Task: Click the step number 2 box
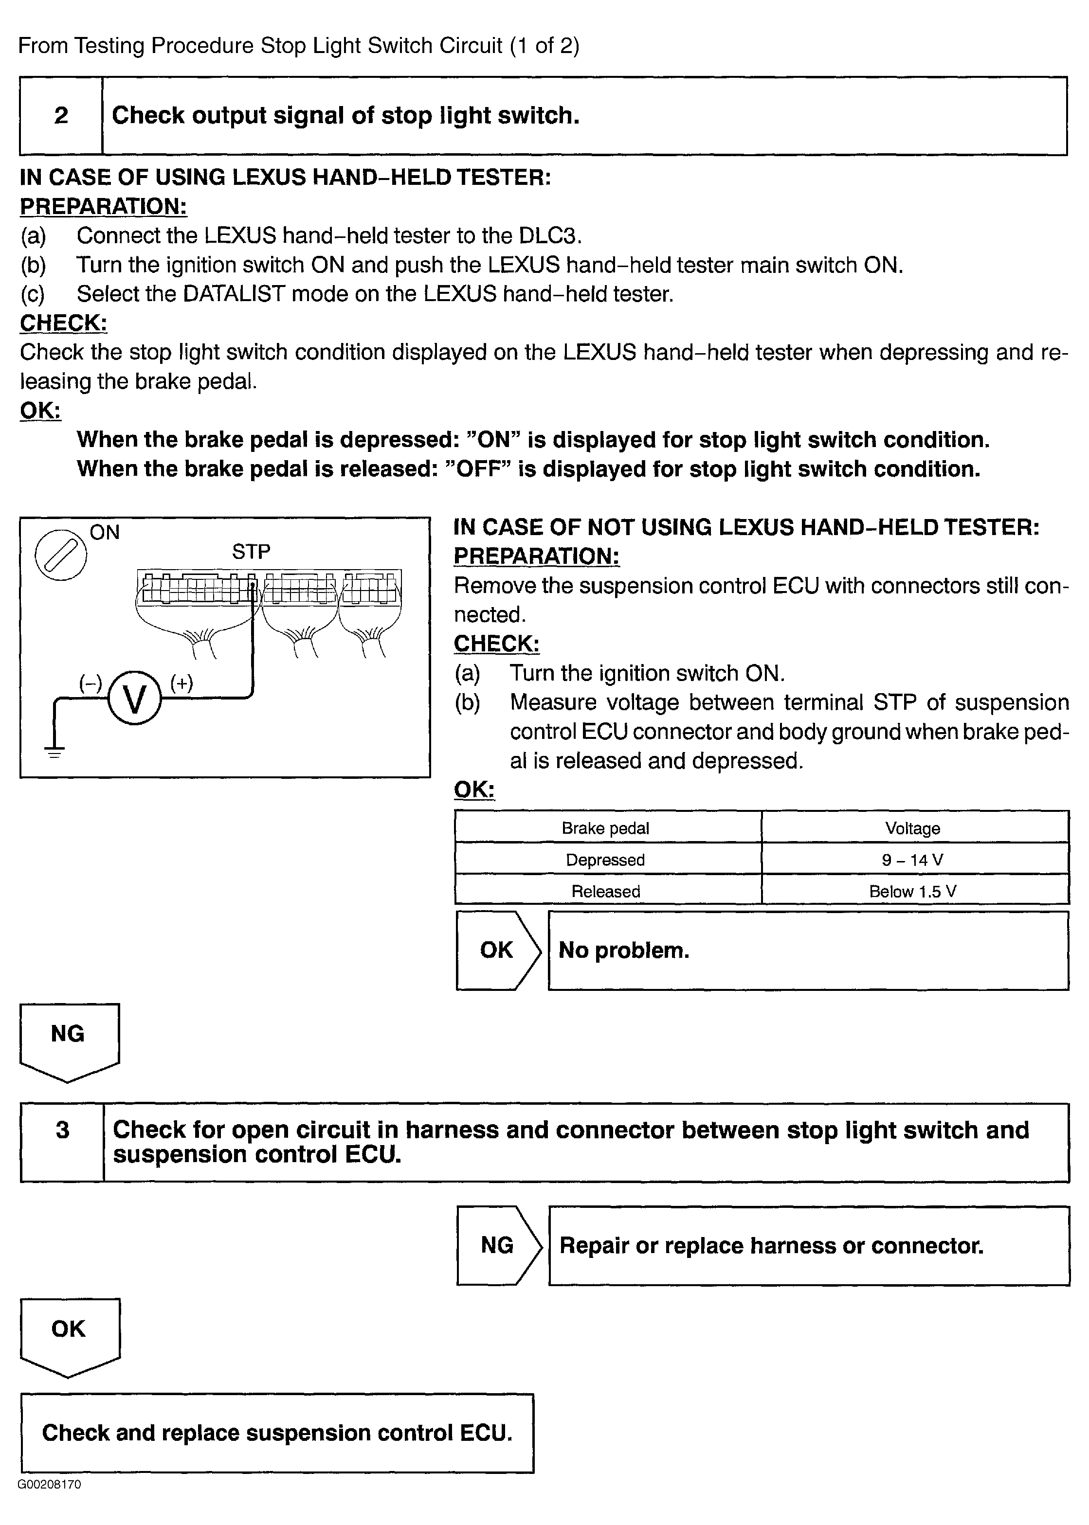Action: pyautogui.click(x=61, y=115)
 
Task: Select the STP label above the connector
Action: pyautogui.click(x=251, y=552)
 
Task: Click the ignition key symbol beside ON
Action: pyautogui.click(x=61, y=555)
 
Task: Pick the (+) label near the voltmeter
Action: pyautogui.click(x=181, y=682)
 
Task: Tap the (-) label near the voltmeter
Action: pyautogui.click(x=91, y=683)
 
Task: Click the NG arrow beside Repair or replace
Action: pyautogui.click(x=498, y=1245)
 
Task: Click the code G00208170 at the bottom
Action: pyautogui.click(x=50, y=1484)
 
